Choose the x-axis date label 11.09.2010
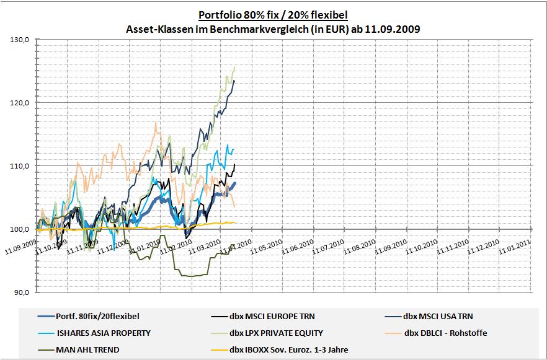pos(394,247)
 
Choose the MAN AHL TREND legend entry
pos(87,349)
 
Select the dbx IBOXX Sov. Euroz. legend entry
pos(288,349)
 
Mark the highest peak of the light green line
pos(234,67)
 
